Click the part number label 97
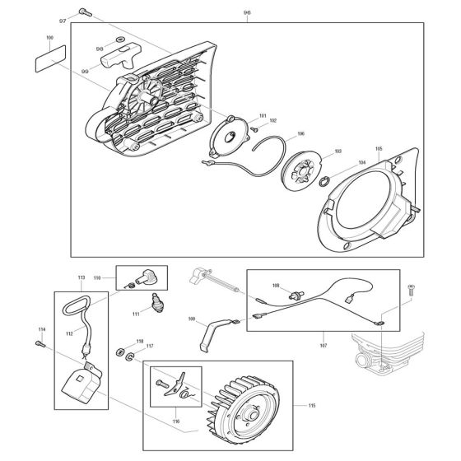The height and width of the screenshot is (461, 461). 63,21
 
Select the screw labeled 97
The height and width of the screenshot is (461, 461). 86,12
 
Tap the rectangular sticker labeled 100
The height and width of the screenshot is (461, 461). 50,58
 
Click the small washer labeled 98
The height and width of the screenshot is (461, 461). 120,39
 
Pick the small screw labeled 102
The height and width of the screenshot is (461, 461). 254,128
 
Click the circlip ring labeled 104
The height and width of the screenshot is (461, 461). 324,182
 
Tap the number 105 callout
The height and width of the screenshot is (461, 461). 379,149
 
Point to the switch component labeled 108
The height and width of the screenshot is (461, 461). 296,295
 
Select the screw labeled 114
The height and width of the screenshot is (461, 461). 40,344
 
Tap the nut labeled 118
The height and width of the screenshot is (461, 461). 120,352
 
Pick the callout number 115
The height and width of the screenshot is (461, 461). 312,406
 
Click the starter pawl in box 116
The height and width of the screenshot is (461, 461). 175,384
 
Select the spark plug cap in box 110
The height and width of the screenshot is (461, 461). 146,277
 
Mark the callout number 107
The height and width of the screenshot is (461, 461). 323,346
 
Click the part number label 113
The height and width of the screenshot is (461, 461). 81,277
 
